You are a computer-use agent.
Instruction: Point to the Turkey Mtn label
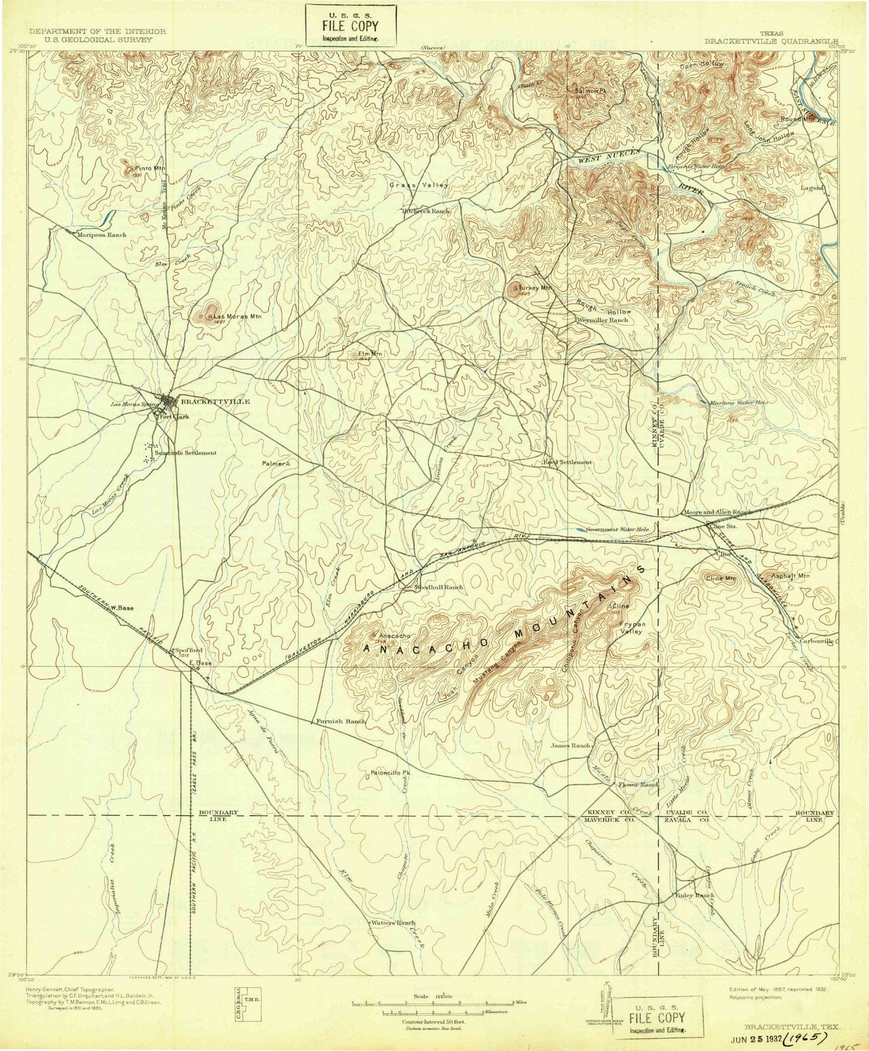(534, 288)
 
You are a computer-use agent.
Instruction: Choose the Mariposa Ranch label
(101, 234)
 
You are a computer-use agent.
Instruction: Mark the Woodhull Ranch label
(438, 587)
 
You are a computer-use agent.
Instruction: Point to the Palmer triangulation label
(273, 463)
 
